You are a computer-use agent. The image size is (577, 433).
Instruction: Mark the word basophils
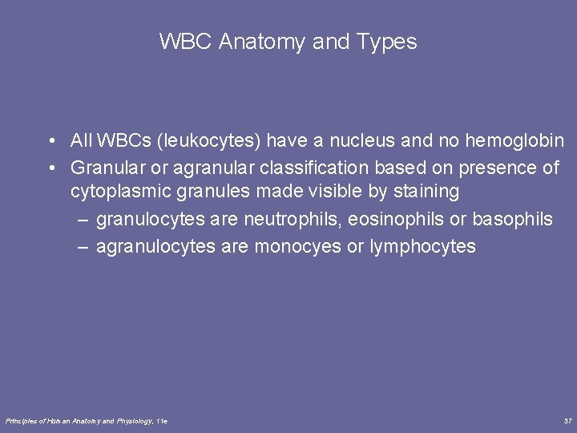point(512,219)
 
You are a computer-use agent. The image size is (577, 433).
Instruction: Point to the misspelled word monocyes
point(297,246)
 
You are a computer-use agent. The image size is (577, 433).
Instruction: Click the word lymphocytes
point(423,246)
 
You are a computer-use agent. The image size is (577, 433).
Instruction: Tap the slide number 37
point(567,420)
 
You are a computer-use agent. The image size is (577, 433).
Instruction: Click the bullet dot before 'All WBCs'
point(50,142)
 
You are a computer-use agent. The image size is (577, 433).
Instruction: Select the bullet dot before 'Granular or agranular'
point(50,168)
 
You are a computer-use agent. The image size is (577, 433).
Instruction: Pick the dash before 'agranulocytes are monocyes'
point(83,246)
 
